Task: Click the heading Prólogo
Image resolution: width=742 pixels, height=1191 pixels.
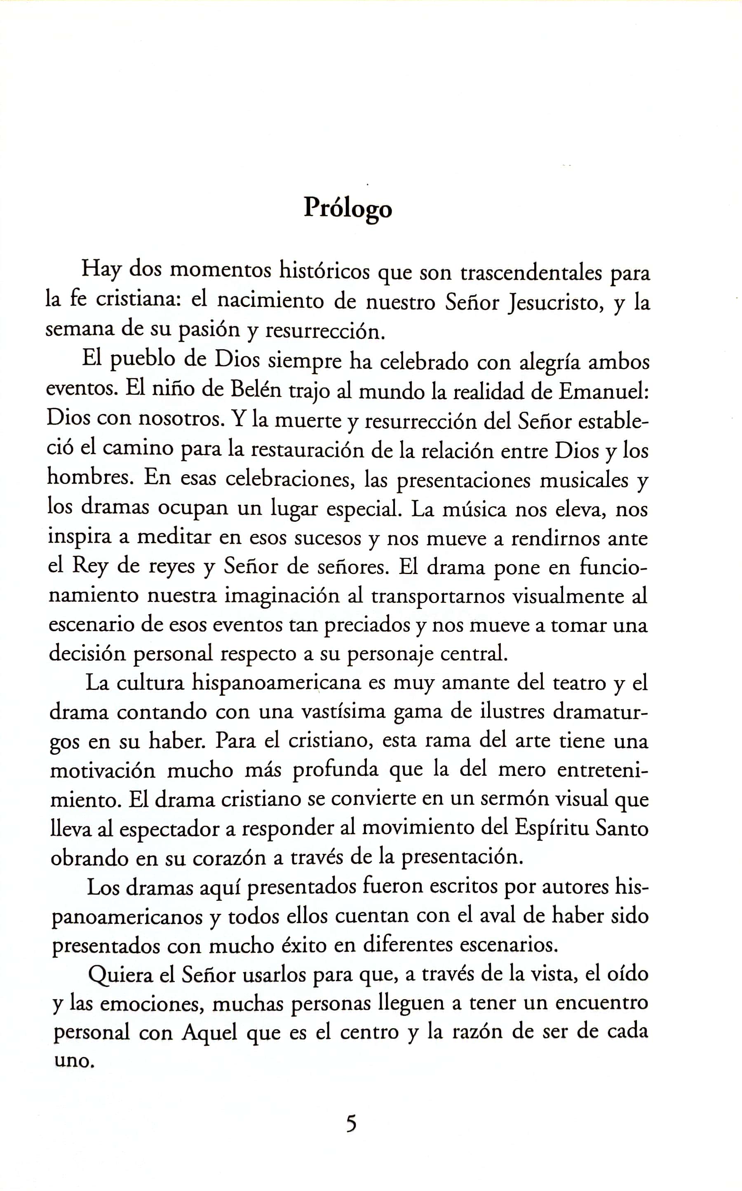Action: point(348,209)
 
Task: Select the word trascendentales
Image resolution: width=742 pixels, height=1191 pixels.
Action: point(531,273)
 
